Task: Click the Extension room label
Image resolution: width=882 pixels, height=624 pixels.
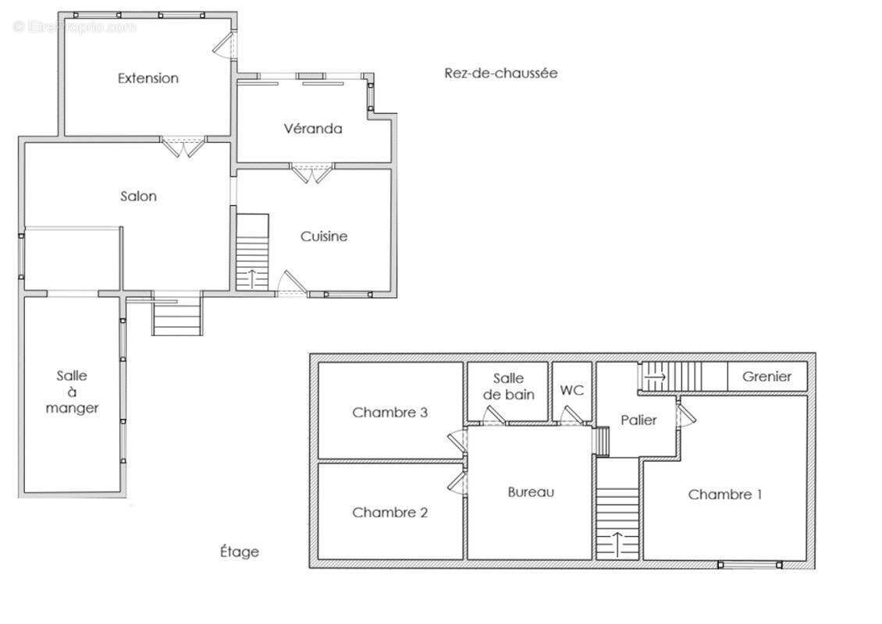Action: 148,78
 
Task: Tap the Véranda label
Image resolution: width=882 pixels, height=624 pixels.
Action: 313,129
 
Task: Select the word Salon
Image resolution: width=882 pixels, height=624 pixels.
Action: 138,197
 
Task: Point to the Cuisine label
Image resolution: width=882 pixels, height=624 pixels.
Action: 323,236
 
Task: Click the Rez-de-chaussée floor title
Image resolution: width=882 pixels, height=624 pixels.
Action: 500,73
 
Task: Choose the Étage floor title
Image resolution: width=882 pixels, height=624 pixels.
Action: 240,551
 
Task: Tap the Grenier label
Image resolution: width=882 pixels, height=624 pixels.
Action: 766,377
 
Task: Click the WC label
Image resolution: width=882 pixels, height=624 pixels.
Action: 571,390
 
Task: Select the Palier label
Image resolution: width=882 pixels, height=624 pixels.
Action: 638,420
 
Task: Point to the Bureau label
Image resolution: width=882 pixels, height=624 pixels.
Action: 531,492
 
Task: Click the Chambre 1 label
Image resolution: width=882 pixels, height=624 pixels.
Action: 724,495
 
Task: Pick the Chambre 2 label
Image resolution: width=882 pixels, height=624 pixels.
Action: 389,512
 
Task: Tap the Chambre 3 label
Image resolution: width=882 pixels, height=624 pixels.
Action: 389,413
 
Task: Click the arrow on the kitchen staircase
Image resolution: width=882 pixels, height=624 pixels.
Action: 251,278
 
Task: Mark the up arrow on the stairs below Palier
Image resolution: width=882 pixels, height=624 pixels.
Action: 617,543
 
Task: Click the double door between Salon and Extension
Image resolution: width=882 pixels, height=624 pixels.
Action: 183,146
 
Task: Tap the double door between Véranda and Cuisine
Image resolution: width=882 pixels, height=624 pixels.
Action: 311,173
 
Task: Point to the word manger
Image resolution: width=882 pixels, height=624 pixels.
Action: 72,408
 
